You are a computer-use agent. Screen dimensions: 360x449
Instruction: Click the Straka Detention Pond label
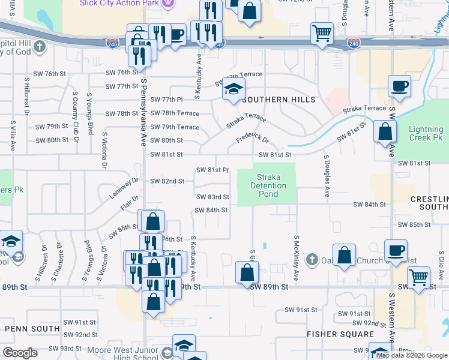268,185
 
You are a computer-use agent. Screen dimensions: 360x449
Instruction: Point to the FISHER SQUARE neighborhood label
340,334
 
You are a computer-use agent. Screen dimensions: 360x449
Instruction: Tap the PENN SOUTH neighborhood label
28,329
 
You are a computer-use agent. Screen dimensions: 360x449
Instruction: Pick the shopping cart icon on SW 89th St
418,277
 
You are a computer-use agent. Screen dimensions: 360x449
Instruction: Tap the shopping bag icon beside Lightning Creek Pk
385,131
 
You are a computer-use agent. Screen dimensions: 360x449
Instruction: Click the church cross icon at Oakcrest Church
311,260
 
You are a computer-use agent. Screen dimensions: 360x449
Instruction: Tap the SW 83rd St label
212,197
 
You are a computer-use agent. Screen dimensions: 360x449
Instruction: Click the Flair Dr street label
129,203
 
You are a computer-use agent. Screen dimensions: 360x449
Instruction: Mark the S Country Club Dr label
76,115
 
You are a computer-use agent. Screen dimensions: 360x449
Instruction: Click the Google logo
21,353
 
